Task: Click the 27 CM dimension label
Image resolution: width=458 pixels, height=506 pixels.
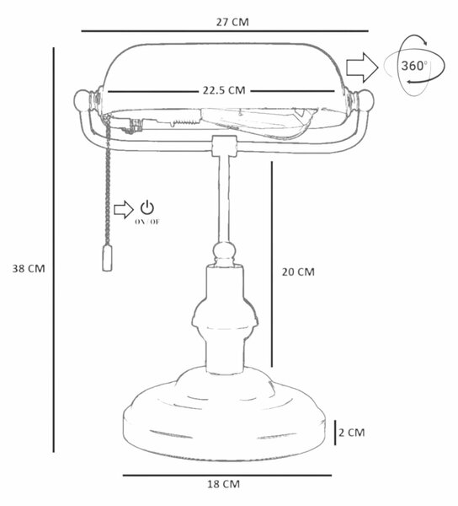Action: (232, 22)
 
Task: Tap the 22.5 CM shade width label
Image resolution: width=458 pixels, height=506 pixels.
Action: (224, 90)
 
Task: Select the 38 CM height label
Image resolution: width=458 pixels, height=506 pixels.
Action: (29, 268)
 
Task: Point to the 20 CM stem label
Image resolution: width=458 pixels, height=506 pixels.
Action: (298, 272)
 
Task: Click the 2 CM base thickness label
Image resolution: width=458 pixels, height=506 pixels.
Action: (352, 433)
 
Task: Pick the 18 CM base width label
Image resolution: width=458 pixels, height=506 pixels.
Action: (223, 484)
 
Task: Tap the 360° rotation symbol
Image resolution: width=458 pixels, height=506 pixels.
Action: (414, 66)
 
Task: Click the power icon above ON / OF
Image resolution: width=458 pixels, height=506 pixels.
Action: (147, 207)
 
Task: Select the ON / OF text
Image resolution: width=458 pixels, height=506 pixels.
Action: (147, 222)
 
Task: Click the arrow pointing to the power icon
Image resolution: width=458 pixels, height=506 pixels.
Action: (124, 210)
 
